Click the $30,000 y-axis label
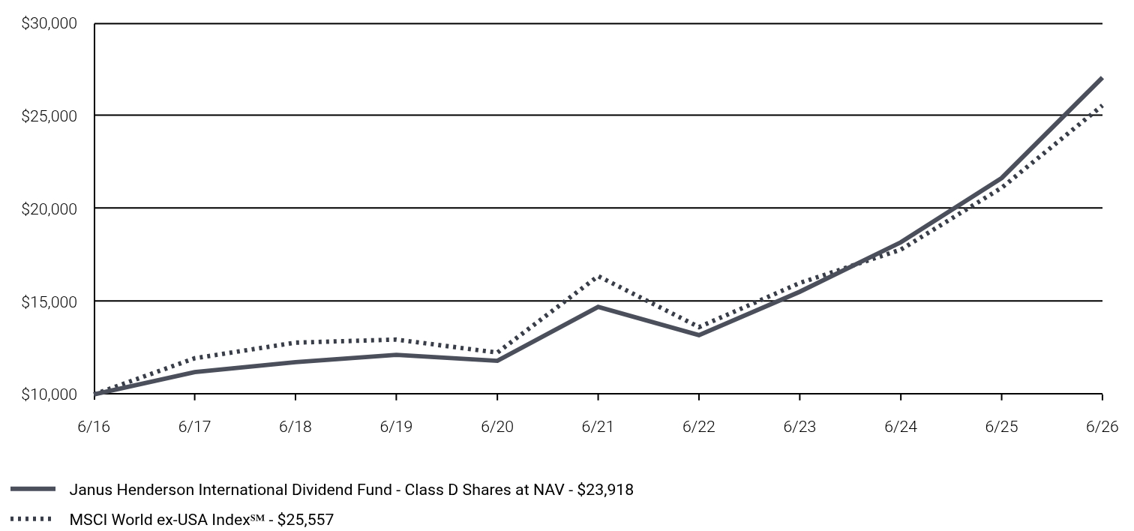(49, 23)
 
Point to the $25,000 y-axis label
(49, 116)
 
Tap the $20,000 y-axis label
(49, 208)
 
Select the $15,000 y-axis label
(49, 301)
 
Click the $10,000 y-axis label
(49, 394)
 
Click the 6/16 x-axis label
(94, 427)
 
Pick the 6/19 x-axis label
(396, 427)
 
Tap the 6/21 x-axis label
(598, 427)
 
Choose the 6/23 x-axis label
(799, 427)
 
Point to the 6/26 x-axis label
(1102, 427)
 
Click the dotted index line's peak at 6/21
(598, 277)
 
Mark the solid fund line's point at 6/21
(598, 307)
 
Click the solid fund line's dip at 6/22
(699, 335)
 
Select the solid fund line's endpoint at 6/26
(1102, 79)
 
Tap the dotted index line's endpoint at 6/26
(1102, 105)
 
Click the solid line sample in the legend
(33, 489)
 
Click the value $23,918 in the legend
(605, 490)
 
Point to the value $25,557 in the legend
(305, 520)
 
